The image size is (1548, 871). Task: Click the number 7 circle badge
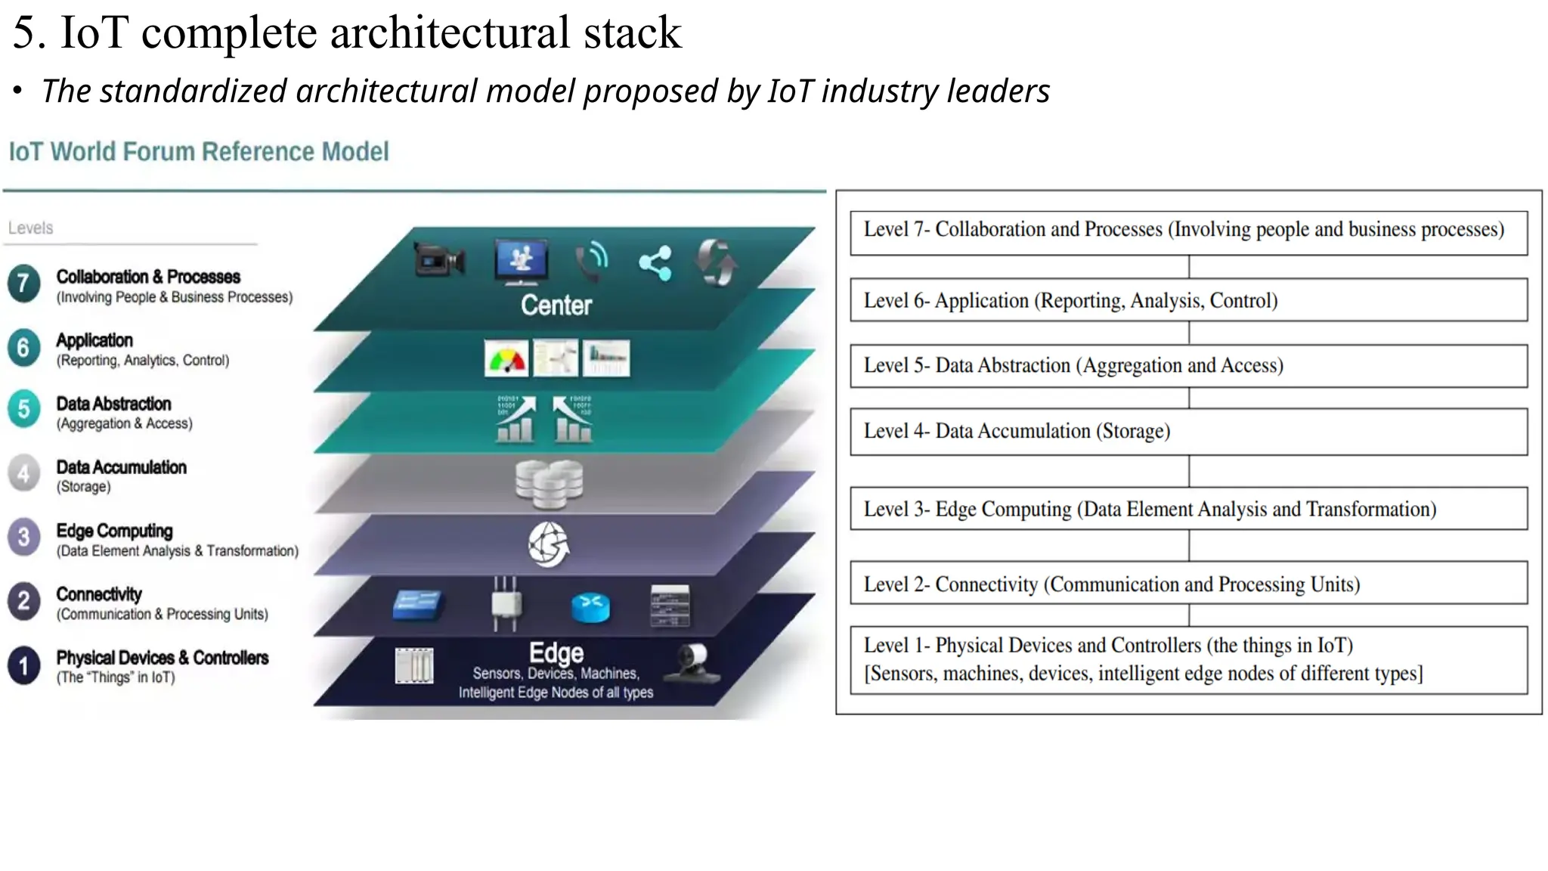(x=23, y=284)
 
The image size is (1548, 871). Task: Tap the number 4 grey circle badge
(x=23, y=474)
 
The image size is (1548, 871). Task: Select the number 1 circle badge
(x=23, y=665)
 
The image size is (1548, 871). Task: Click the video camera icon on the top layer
(x=439, y=261)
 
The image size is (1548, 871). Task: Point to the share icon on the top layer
(x=655, y=263)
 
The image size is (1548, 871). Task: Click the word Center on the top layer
(x=556, y=305)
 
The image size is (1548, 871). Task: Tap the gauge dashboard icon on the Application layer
(x=506, y=358)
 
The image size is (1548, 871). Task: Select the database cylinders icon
(x=549, y=483)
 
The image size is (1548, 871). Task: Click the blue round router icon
(x=590, y=607)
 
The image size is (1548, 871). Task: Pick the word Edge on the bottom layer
(x=556, y=652)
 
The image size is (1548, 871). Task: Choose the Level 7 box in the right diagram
(x=1188, y=233)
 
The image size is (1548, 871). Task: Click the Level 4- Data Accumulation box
(x=1188, y=432)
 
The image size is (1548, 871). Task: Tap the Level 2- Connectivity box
(x=1188, y=583)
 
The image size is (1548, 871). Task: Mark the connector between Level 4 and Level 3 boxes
(x=1189, y=471)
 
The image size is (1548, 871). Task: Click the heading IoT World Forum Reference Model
(x=199, y=152)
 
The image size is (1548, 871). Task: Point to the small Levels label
(x=30, y=228)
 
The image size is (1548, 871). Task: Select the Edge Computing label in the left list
(x=114, y=531)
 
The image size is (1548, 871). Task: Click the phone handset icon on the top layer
(x=591, y=262)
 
